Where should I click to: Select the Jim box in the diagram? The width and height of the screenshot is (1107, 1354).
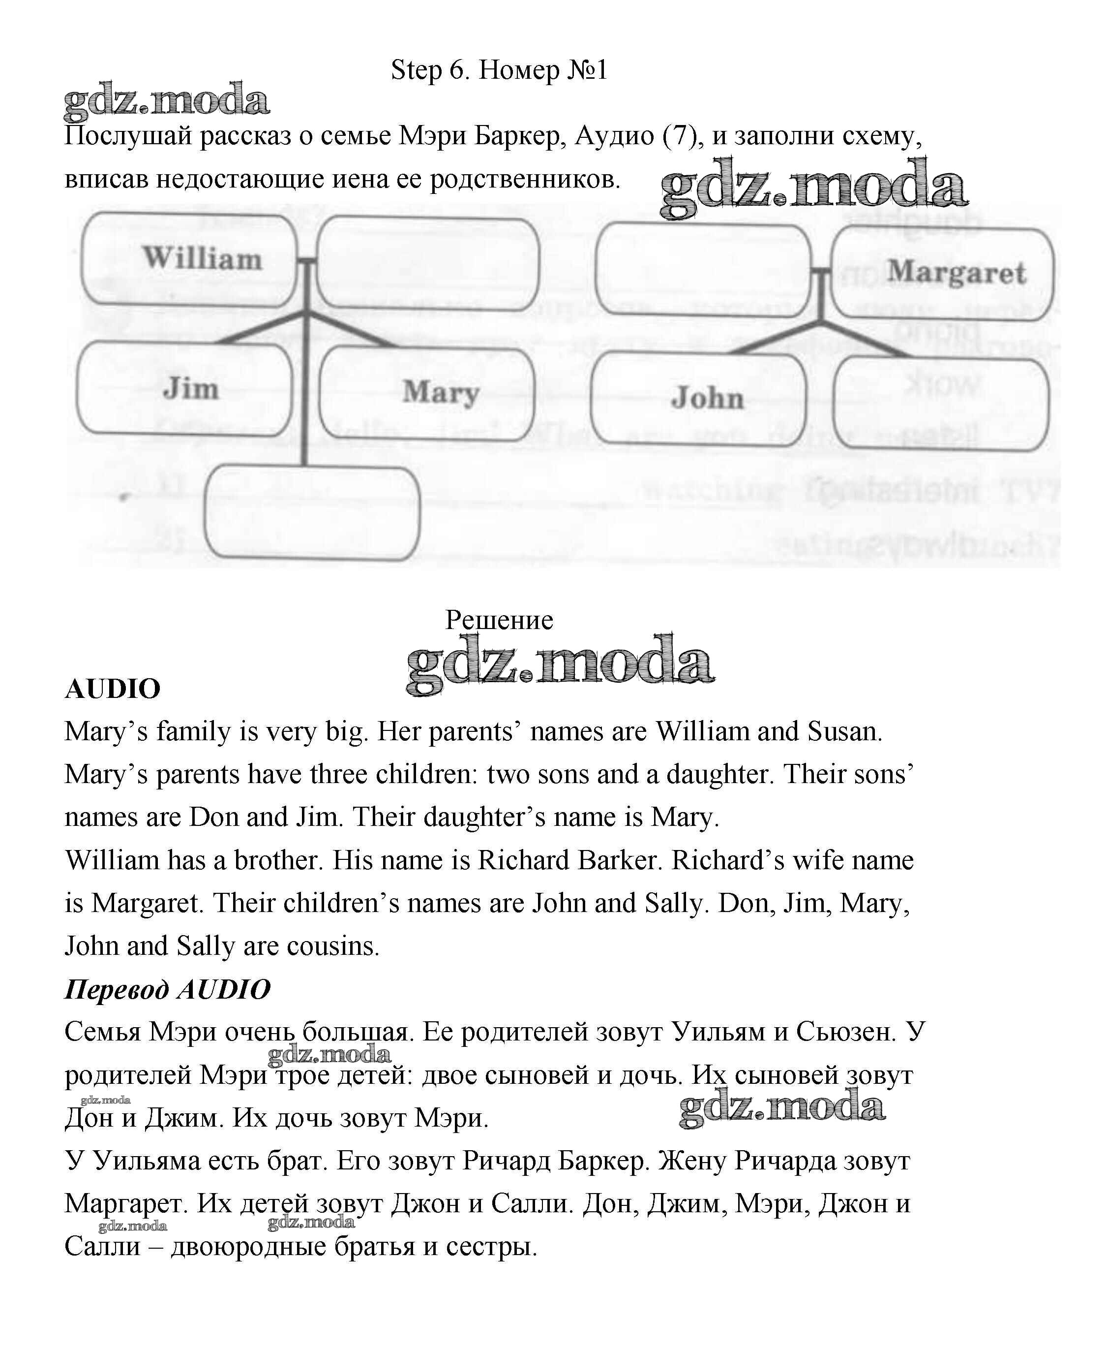pos(184,389)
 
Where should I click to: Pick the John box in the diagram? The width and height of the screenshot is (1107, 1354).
pos(698,398)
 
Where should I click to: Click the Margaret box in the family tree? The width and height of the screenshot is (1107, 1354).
pos(942,273)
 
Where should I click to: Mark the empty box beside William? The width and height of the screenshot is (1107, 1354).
pos(428,263)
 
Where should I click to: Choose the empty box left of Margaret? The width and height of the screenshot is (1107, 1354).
pos(703,269)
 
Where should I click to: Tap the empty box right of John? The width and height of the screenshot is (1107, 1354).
pos(941,404)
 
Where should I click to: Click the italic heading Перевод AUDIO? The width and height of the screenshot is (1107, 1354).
pos(167,990)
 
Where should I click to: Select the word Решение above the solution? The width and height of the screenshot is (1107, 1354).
pos(499,620)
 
